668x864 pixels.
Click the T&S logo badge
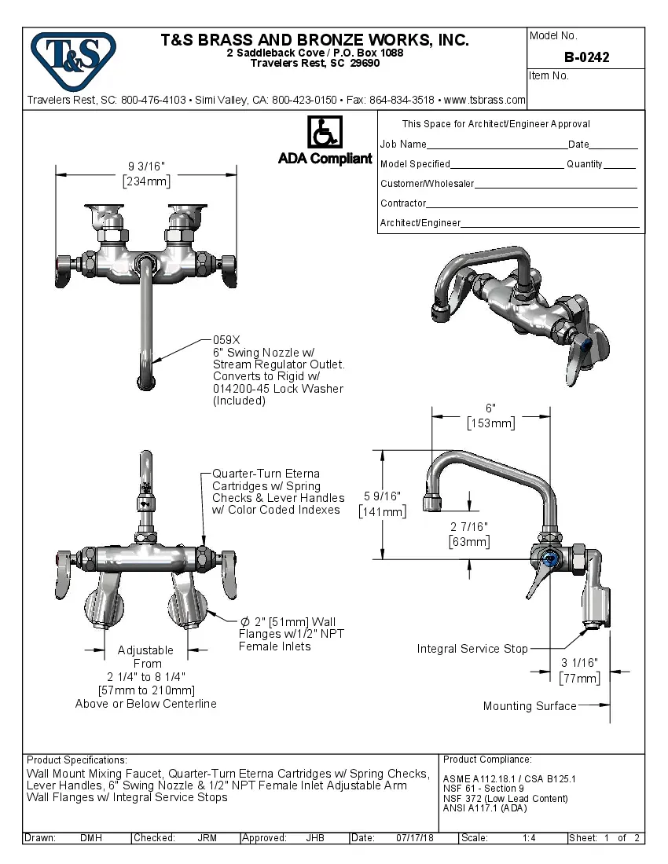point(73,58)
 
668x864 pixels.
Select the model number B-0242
point(586,57)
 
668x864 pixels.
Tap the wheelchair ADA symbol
point(324,133)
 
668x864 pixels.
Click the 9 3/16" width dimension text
point(146,167)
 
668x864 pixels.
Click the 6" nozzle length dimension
point(490,408)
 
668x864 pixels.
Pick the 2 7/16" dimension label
point(469,526)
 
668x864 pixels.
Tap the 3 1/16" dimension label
point(579,662)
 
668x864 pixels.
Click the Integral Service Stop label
point(472,649)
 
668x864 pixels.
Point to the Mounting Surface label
point(529,706)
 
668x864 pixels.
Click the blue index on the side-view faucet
point(549,558)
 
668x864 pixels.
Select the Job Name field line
point(497,145)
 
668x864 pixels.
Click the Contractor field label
point(403,203)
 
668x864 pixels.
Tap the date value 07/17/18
point(416,838)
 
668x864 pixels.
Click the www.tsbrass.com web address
point(484,101)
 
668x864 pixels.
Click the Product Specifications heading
point(76,760)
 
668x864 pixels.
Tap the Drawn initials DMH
point(90,838)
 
